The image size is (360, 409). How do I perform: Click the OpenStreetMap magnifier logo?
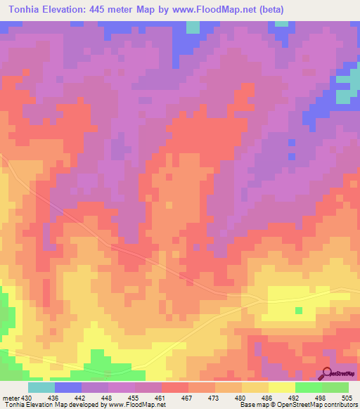(x=328, y=374)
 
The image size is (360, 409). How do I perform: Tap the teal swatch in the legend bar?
(x=41, y=387)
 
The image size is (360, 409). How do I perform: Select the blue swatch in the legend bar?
(x=68, y=387)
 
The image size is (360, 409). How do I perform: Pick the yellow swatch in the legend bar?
(x=282, y=387)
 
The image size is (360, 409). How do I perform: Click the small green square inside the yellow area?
(x=298, y=310)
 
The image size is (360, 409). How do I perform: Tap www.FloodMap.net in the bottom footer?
(x=136, y=404)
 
